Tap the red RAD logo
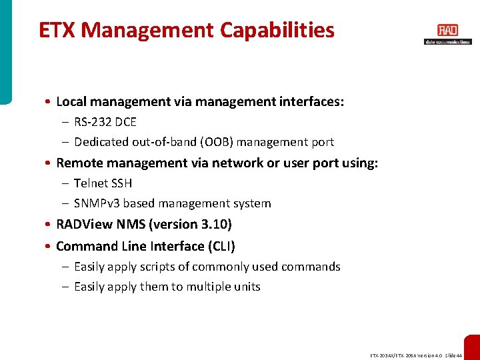(447, 31)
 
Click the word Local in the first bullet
(71, 102)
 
